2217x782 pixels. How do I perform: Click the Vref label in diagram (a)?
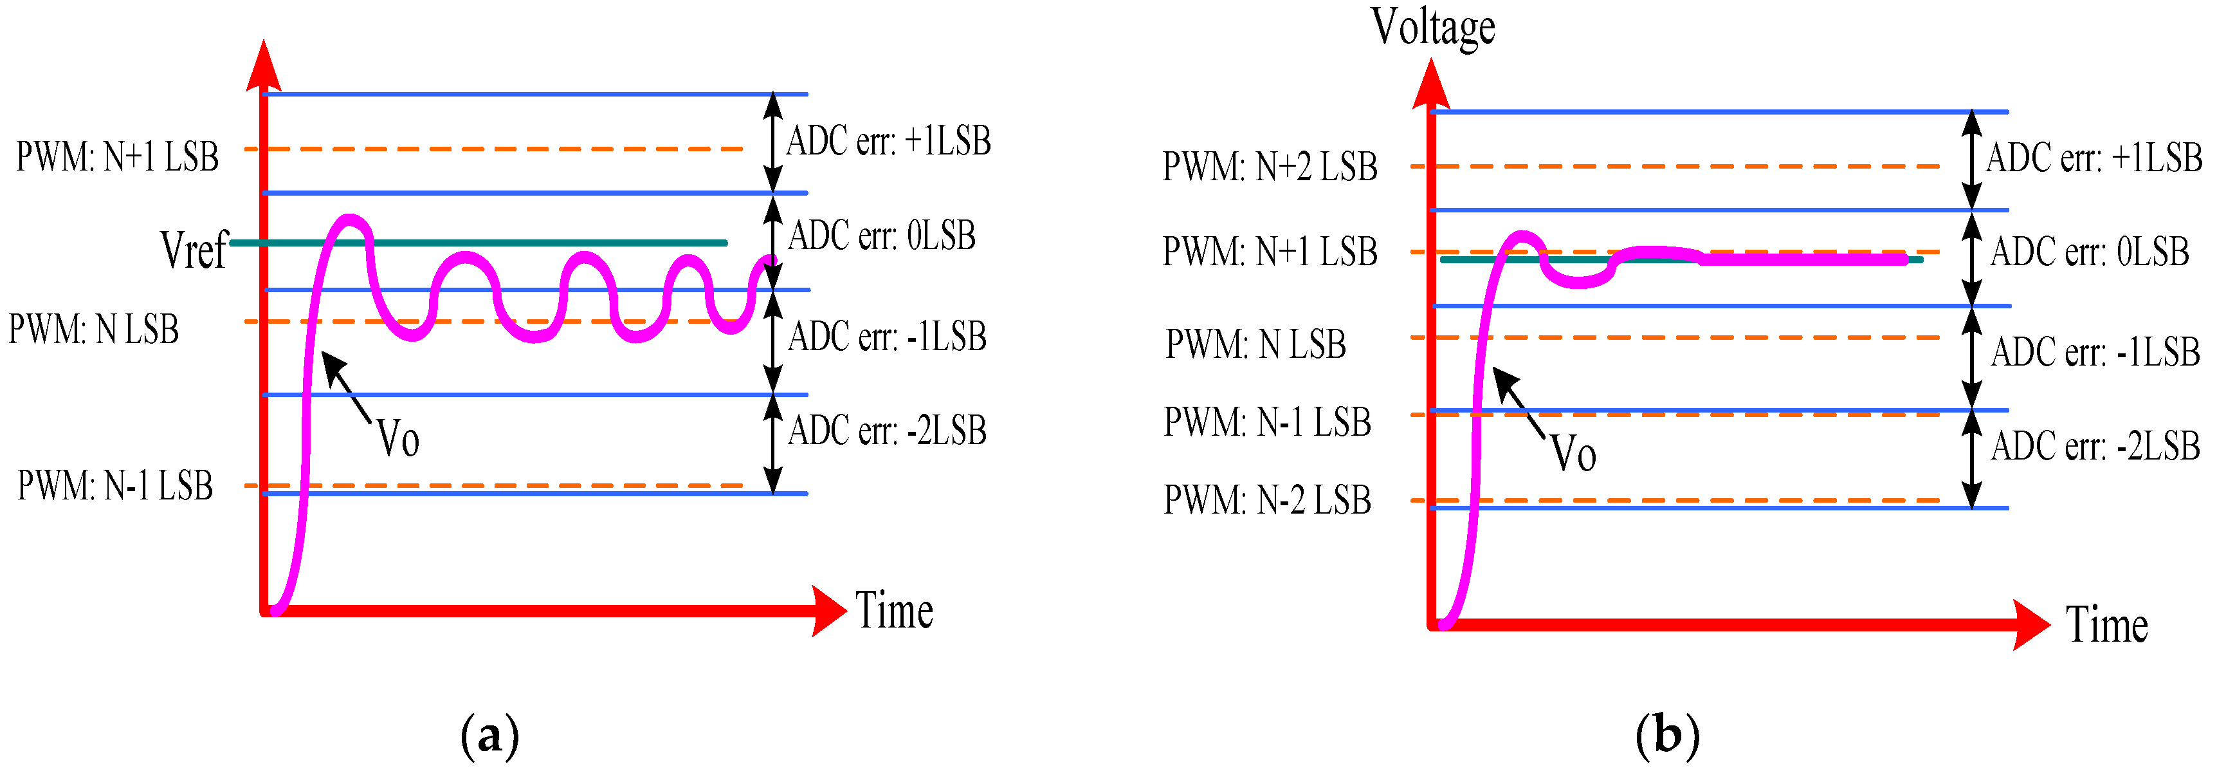click(194, 250)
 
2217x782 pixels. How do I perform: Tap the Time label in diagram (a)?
click(893, 611)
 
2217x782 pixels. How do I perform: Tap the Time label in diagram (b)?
click(2106, 624)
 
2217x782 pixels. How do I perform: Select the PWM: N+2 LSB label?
click(1270, 166)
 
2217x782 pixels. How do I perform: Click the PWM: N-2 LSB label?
click(1267, 499)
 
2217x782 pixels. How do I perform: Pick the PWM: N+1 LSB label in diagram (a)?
click(117, 157)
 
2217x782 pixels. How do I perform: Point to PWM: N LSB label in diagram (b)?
click(1255, 344)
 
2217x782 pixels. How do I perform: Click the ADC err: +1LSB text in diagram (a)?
click(888, 140)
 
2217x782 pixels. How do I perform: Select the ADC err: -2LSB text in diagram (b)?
click(2095, 446)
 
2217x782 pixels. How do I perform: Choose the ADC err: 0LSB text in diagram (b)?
click(2090, 252)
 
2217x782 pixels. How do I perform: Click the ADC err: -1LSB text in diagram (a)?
click(886, 336)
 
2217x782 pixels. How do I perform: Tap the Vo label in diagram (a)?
click(397, 438)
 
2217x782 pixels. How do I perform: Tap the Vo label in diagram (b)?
click(1573, 453)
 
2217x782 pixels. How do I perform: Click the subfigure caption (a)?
click(489, 736)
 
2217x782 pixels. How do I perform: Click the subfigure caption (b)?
click(1667, 736)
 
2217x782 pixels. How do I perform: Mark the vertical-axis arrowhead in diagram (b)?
click(1431, 84)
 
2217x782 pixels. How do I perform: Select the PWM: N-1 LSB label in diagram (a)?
click(114, 486)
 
